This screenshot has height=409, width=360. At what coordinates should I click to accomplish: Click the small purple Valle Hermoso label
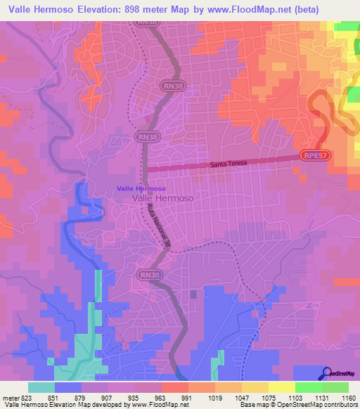click(141, 188)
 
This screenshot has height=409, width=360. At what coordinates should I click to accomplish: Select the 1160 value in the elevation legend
click(348, 396)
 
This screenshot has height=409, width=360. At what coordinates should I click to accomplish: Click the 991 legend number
click(186, 396)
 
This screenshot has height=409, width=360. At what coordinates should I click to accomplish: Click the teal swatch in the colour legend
click(41, 387)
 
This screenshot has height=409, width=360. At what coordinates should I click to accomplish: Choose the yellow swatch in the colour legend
click(281, 387)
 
